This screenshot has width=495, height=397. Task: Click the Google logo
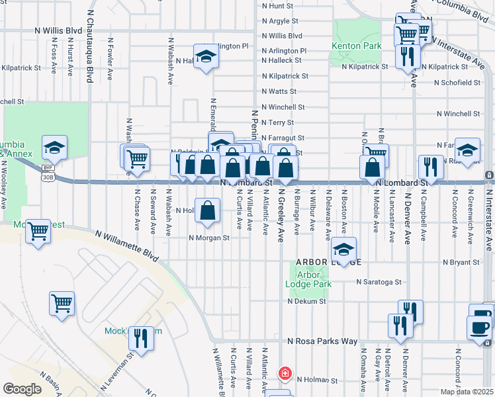(x=22, y=389)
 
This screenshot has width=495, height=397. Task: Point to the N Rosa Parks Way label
(x=322, y=341)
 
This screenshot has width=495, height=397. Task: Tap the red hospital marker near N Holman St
(x=285, y=373)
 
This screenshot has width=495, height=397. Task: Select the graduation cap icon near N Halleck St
(x=206, y=57)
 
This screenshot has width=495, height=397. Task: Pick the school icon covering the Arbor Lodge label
(x=343, y=250)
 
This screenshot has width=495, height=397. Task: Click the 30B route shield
(x=48, y=177)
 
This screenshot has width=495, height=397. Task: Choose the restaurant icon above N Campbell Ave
(x=431, y=168)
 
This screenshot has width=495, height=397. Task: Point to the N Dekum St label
(x=304, y=301)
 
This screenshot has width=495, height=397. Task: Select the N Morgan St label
(x=208, y=238)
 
